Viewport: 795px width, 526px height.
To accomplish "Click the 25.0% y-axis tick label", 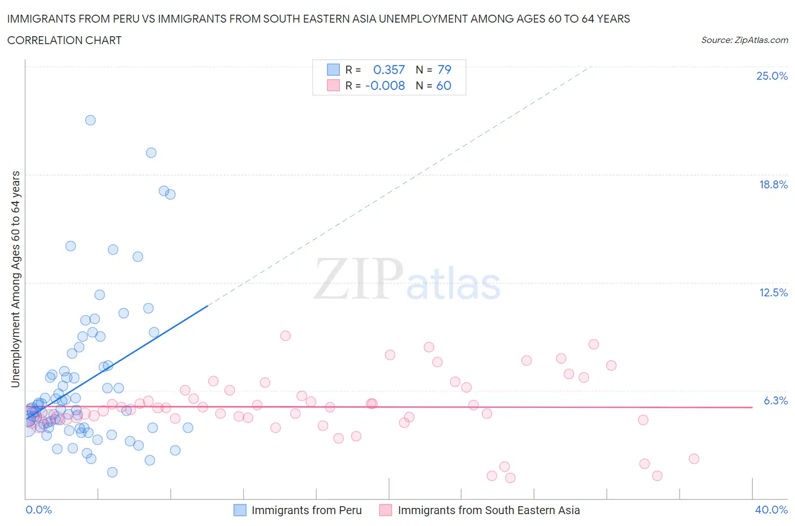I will tap(772, 76).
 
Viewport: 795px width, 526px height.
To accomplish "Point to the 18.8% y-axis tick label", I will tap(773, 184).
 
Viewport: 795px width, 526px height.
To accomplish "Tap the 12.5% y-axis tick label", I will tap(773, 292).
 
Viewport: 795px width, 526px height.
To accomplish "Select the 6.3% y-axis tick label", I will tap(775, 400).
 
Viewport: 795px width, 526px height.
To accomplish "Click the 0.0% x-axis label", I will tap(38, 510).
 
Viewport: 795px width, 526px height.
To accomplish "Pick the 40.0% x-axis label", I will tap(771, 510).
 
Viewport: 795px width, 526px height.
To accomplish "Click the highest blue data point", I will tap(90, 120).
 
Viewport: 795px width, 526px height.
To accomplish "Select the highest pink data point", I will tap(286, 336).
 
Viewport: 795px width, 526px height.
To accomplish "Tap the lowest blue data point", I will tap(113, 472).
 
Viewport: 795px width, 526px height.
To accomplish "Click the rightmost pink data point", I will tap(694, 459).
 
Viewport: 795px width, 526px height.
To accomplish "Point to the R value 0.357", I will tap(389, 70).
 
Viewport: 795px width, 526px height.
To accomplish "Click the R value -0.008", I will tap(385, 85).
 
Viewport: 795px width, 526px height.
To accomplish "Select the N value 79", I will tap(444, 70).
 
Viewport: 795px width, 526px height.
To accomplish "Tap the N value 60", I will tap(444, 85).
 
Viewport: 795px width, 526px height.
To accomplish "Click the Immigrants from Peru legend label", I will tap(306, 510).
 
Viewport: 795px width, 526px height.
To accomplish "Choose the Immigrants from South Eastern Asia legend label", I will tap(489, 510).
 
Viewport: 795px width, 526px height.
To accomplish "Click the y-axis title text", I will tap(15, 279).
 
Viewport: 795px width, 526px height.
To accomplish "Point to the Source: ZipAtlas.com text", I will tap(744, 40).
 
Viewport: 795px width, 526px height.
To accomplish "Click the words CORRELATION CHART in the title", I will tap(64, 40).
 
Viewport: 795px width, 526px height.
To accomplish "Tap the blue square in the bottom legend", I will tap(240, 510).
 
